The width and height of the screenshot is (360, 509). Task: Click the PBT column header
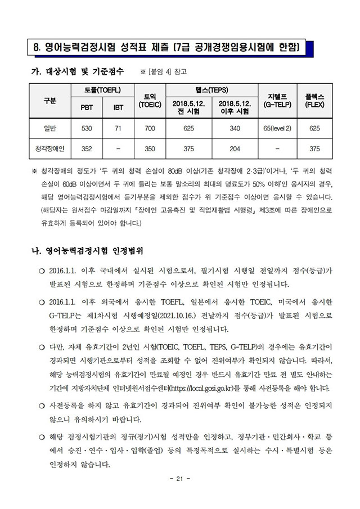[87, 107]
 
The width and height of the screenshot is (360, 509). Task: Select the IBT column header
[119, 107]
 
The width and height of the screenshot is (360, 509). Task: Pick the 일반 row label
[50, 129]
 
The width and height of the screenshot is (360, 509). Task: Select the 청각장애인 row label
[50, 148]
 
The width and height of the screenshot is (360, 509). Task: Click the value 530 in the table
[87, 129]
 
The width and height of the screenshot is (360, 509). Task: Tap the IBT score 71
[119, 129]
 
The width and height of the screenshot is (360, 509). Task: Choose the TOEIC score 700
[150, 129]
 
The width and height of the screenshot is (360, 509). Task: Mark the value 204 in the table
[235, 148]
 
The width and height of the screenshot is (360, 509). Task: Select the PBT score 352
[87, 148]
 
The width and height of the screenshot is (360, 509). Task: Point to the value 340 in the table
[235, 129]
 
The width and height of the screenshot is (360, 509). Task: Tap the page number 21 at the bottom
[179, 479]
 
